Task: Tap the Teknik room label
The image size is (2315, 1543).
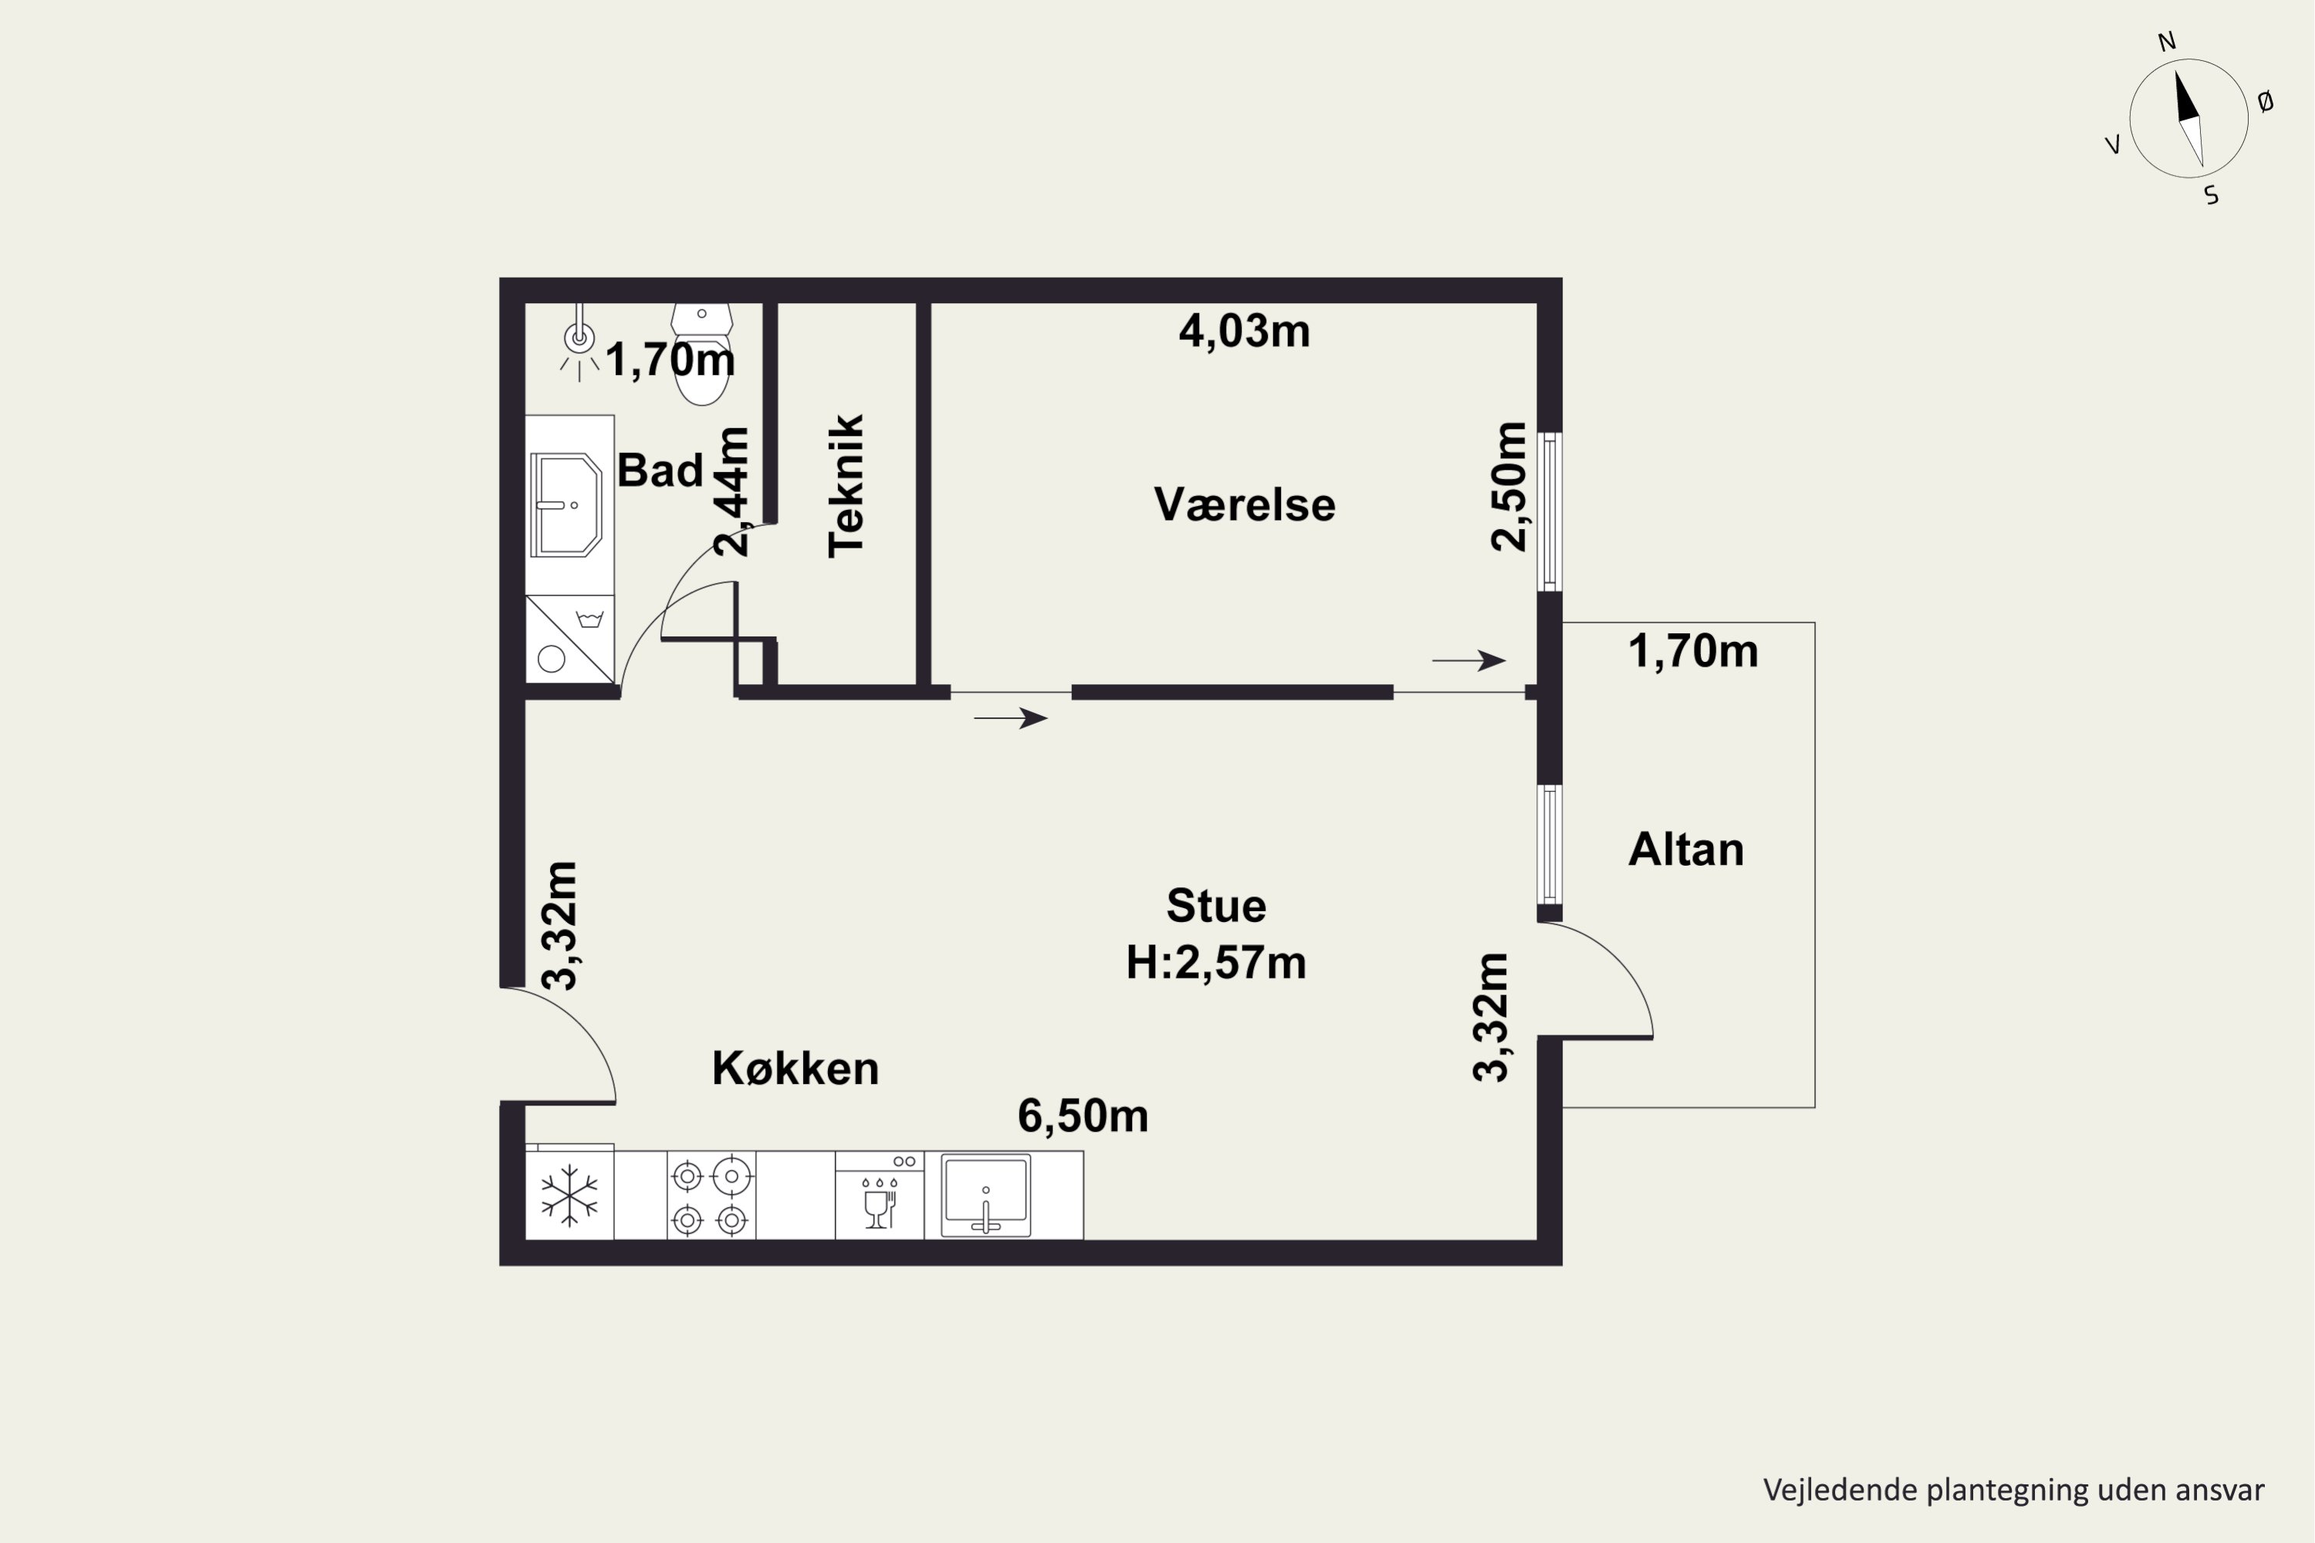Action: click(x=847, y=485)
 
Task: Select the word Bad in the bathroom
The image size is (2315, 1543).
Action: click(x=660, y=471)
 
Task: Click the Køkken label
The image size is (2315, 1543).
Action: click(x=796, y=1068)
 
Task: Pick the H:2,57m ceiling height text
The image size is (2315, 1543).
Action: click(x=1215, y=962)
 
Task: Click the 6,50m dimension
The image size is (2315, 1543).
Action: click(x=1083, y=1116)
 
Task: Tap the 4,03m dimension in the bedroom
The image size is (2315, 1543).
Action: click(x=1244, y=331)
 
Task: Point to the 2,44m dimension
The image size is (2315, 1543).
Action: click(x=732, y=492)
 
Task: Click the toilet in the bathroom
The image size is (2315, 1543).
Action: click(x=701, y=353)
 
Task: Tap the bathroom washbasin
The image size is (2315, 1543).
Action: click(x=566, y=505)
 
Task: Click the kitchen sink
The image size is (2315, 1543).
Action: click(x=985, y=1194)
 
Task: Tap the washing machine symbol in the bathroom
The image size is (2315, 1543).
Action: click(x=570, y=639)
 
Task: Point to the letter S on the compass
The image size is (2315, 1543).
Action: click(x=2212, y=196)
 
